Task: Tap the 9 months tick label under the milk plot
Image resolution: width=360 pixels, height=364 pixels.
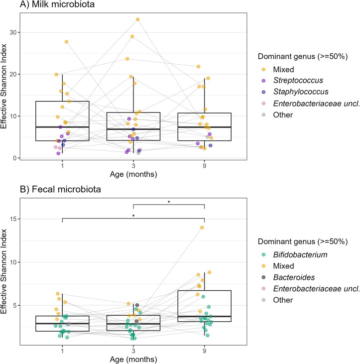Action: tap(204, 165)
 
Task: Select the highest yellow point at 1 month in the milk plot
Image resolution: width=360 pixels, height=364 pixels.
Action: tap(66, 42)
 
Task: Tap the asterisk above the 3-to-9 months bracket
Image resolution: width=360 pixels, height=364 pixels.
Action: tap(169, 202)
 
